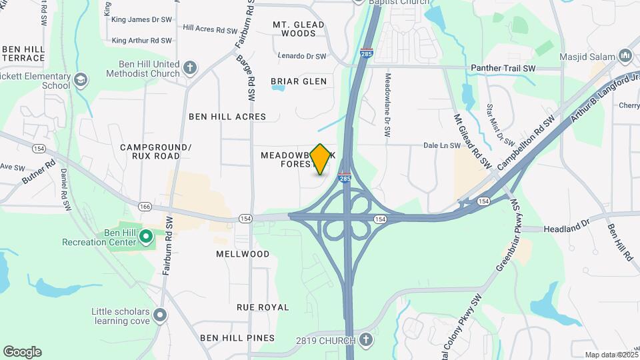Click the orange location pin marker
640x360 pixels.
321,159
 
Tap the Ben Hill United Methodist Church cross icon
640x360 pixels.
190,67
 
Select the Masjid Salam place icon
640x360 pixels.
625,56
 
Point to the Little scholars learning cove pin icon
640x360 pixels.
159,314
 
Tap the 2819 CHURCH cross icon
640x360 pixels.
365,341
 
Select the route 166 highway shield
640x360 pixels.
145,207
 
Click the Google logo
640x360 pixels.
22,351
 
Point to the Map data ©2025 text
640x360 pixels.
611,355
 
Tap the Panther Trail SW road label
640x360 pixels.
503,68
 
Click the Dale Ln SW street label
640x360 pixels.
443,145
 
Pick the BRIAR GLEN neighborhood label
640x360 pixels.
299,81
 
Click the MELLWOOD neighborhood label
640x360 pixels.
243,254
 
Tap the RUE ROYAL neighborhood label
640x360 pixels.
263,307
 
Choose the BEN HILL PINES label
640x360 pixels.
227,338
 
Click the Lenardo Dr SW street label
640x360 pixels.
302,56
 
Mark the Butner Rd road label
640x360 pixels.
37,171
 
